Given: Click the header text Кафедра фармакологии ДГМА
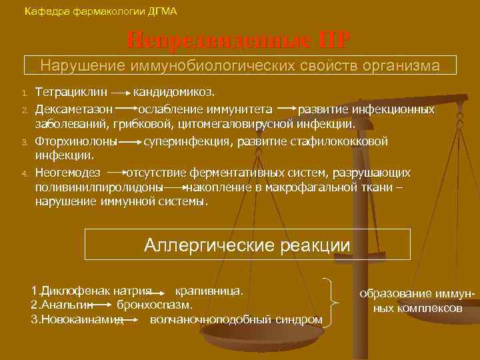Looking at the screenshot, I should [x=100, y=11].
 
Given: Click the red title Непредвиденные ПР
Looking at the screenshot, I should [x=239, y=40].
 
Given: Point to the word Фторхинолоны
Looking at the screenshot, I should [x=76, y=141].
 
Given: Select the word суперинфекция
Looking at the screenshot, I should [x=181, y=141].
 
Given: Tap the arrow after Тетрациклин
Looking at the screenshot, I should [x=120, y=91].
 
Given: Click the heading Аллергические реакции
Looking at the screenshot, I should [x=247, y=245].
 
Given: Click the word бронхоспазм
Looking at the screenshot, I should [x=155, y=305].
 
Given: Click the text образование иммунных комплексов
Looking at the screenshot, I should [x=417, y=301].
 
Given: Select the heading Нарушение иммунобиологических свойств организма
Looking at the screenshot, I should [x=240, y=65].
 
